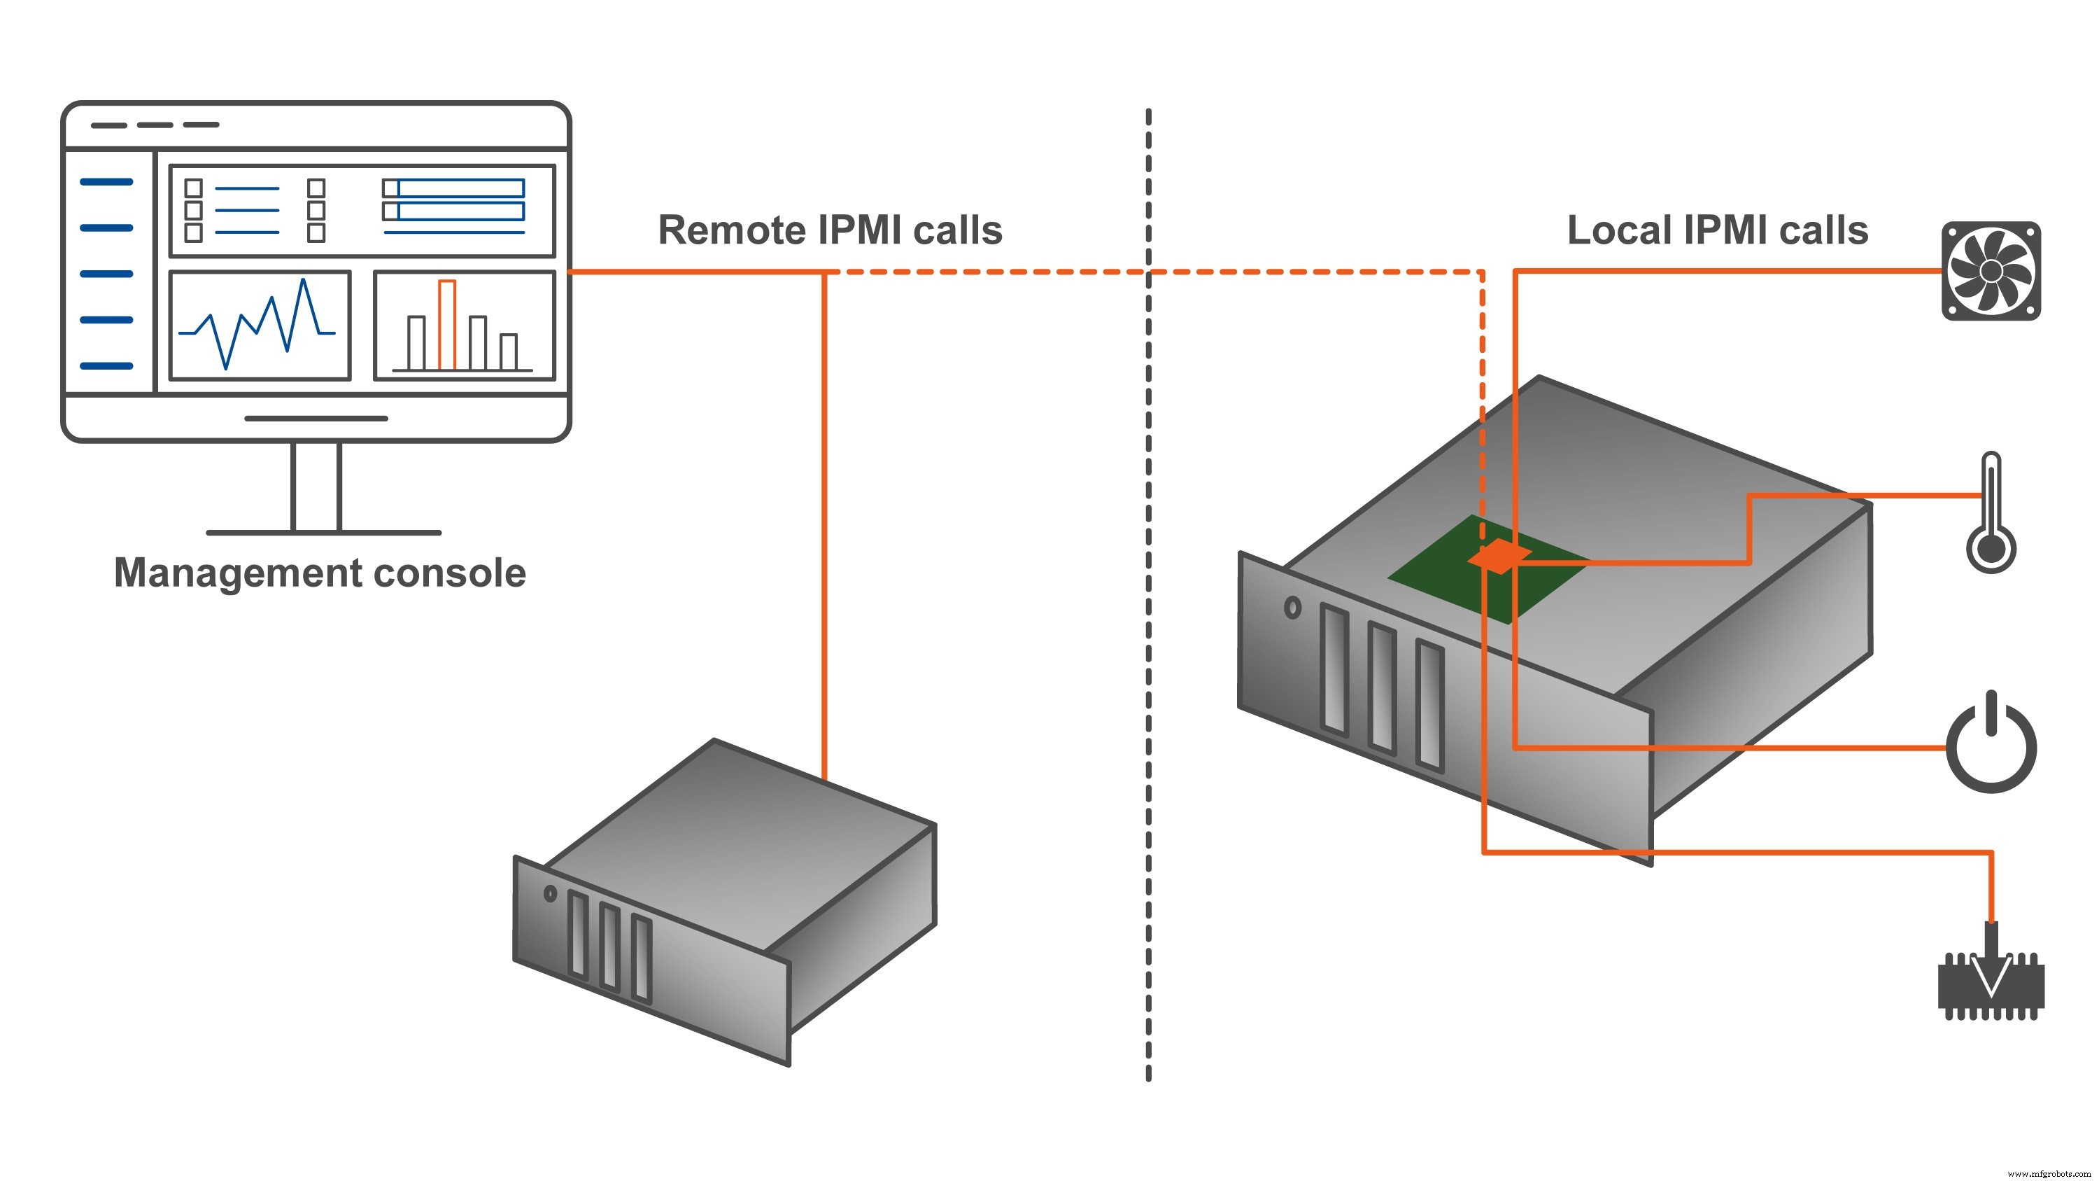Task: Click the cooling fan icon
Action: coord(1991,271)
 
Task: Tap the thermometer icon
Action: coord(1991,513)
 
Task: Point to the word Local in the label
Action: coord(1618,230)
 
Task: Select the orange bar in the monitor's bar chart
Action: coord(446,324)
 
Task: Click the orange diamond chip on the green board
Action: coord(1499,557)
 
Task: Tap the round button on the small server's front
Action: coord(550,894)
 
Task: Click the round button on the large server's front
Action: coord(1292,607)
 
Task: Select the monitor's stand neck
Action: coord(316,487)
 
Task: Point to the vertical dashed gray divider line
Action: coord(1148,652)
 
